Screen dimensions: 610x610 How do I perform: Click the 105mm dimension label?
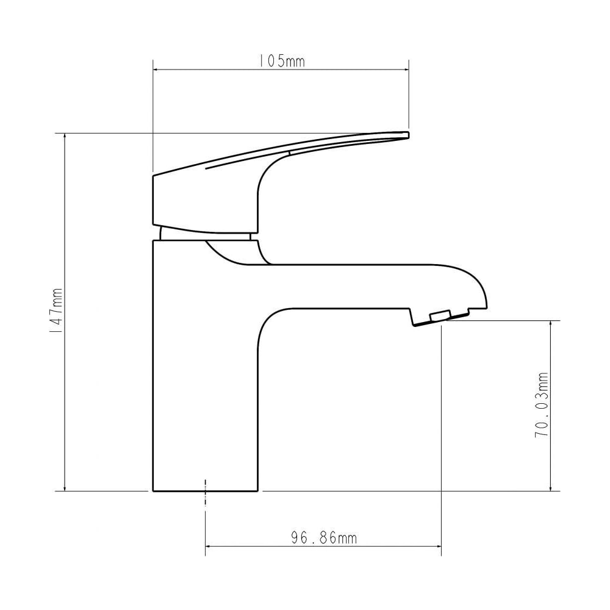click(282, 61)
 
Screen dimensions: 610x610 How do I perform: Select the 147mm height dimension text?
click(56, 310)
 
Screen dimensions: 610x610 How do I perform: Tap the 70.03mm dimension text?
click(541, 404)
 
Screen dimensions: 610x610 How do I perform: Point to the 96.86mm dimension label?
click(324, 537)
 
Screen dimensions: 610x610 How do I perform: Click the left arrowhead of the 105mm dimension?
click(156, 70)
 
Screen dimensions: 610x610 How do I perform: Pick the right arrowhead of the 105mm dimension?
click(406, 70)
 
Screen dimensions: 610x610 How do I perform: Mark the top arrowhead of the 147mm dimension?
click(65, 137)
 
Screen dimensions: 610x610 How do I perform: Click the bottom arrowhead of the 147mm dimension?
click(65, 488)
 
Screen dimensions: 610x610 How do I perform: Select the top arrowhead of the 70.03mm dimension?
click(551, 325)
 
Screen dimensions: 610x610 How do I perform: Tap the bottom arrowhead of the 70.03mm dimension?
click(551, 488)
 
